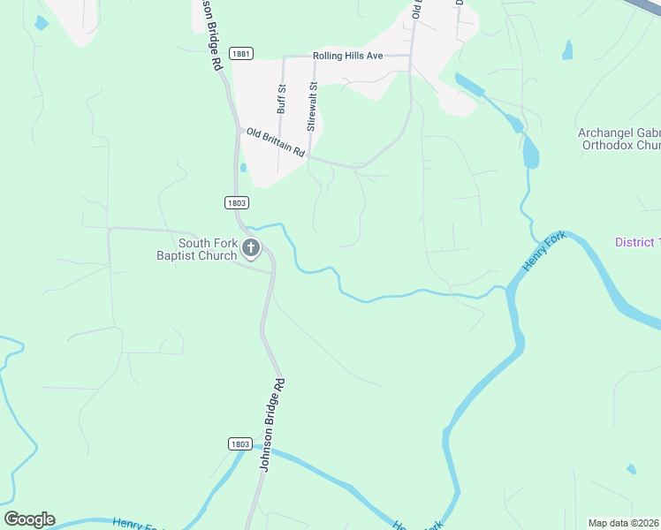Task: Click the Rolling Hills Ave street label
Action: (x=347, y=56)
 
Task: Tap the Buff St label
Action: (x=282, y=100)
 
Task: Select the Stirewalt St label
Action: (x=311, y=107)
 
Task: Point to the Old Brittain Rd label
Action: (x=276, y=141)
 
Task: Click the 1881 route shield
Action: (x=240, y=54)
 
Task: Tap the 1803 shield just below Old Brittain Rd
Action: (x=236, y=202)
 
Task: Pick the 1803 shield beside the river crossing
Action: (x=239, y=443)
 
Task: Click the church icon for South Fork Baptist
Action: (x=251, y=249)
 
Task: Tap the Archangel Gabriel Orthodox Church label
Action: (x=619, y=139)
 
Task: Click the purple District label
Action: (x=637, y=243)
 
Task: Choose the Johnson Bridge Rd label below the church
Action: (x=273, y=424)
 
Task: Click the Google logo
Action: (x=29, y=519)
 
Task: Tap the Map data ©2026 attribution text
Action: (x=624, y=523)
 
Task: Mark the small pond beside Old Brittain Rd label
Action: (x=243, y=167)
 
